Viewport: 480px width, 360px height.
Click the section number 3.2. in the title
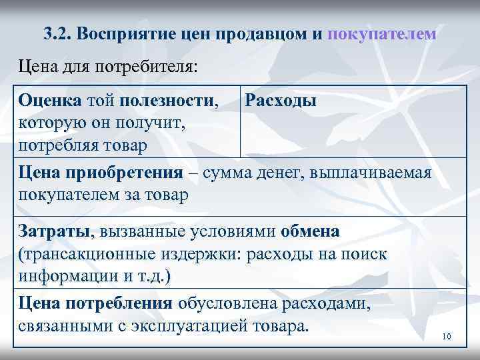(57, 33)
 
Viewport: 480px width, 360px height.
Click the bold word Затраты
(57, 232)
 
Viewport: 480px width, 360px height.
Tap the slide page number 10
(447, 337)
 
